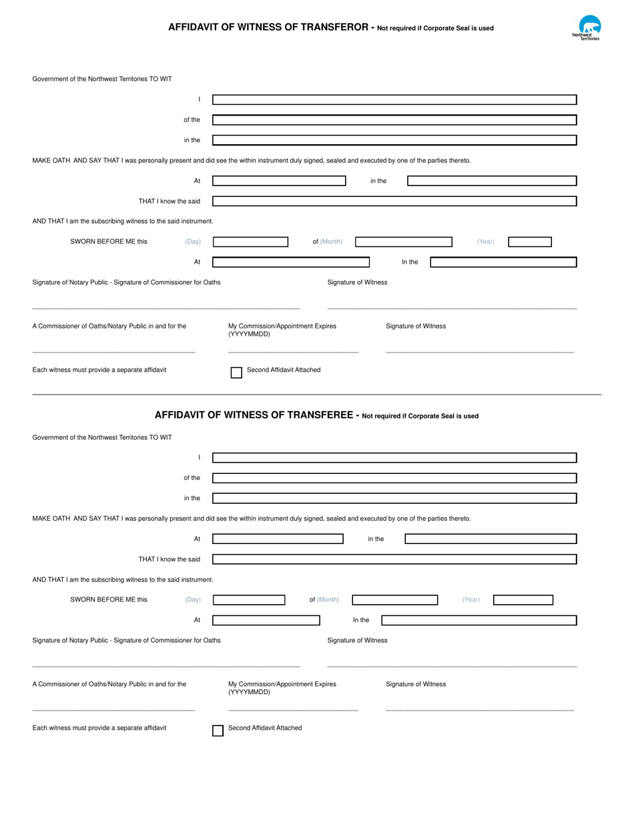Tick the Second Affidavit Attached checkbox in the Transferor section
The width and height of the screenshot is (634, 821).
pyautogui.click(x=236, y=372)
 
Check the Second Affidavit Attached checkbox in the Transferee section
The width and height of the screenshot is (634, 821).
pyautogui.click(x=218, y=731)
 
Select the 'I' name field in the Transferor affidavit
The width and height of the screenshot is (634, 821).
pyautogui.click(x=394, y=99)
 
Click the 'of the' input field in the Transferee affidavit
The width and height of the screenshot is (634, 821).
pyautogui.click(x=394, y=478)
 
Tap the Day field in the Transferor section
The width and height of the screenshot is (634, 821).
pyautogui.click(x=250, y=242)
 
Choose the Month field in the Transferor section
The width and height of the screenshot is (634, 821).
pyautogui.click(x=403, y=242)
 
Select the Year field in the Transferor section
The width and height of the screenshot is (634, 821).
pyautogui.click(x=530, y=242)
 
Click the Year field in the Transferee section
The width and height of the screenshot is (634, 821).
pyautogui.click(x=523, y=600)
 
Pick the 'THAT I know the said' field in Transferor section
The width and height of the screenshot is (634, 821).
pyautogui.click(x=394, y=201)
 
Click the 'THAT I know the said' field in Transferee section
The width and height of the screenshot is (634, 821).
pyautogui.click(x=394, y=559)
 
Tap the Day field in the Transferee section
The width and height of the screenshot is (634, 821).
pyautogui.click(x=249, y=600)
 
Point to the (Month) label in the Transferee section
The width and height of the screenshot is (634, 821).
pyautogui.click(x=328, y=600)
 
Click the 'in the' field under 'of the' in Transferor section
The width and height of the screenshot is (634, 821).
pyautogui.click(x=394, y=140)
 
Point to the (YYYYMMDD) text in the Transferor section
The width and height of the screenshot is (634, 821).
pyautogui.click(x=250, y=334)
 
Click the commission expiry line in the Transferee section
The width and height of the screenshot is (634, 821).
pyautogui.click(x=293, y=709)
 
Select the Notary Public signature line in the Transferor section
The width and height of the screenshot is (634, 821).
pyautogui.click(x=166, y=308)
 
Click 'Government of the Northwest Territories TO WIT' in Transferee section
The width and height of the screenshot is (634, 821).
pyautogui.click(x=102, y=438)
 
